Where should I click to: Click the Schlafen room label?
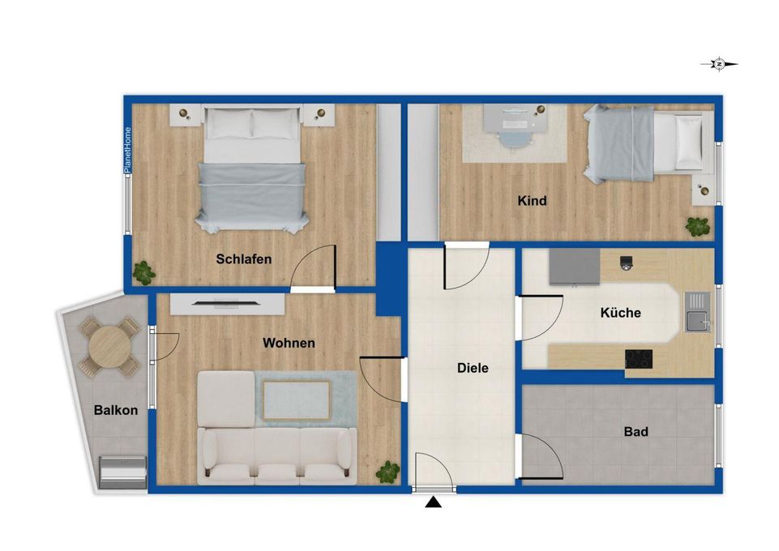[x=243, y=259]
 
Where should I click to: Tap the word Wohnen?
[x=289, y=343]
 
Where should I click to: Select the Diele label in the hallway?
[x=473, y=368]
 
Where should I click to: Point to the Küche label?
[x=620, y=313]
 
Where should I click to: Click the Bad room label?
[x=636, y=432]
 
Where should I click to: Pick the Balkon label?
[x=116, y=411]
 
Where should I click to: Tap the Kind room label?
[x=532, y=201]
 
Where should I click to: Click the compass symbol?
[x=719, y=64]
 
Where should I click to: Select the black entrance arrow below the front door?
[x=433, y=502]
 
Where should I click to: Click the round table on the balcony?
[x=109, y=347]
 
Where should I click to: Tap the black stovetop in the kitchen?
[x=639, y=359]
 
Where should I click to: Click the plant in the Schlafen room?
[x=144, y=273]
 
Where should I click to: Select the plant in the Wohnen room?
[x=387, y=472]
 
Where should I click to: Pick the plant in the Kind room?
[x=697, y=226]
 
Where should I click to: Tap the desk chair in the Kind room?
[x=514, y=137]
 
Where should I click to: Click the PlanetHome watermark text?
[x=128, y=150]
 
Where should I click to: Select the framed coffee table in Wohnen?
[x=297, y=400]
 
